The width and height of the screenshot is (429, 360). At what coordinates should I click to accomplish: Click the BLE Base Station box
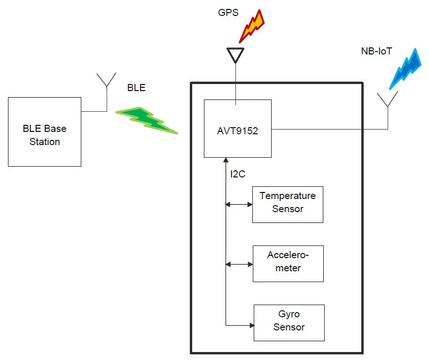[x=45, y=132]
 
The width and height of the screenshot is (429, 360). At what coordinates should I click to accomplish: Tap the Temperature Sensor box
[x=288, y=205]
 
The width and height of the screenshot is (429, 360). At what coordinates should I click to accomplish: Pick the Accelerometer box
[x=288, y=264]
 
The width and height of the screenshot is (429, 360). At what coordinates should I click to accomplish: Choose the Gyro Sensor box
[x=289, y=323]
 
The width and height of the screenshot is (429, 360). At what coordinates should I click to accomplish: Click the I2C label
[x=238, y=174]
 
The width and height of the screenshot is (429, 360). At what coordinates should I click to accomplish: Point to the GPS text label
[x=228, y=13]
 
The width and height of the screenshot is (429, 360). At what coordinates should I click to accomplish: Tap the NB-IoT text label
[x=374, y=51]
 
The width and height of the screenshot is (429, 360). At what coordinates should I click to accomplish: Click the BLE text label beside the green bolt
[x=137, y=88]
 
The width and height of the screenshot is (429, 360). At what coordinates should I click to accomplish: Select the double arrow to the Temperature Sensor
[x=239, y=204]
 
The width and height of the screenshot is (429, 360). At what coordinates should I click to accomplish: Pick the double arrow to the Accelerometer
[x=239, y=264]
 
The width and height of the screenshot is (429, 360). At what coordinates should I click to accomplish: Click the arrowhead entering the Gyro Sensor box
[x=251, y=325]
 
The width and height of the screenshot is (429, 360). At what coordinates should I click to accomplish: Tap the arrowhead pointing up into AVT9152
[x=226, y=161]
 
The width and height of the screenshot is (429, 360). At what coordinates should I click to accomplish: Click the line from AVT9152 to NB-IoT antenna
[x=329, y=129]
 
